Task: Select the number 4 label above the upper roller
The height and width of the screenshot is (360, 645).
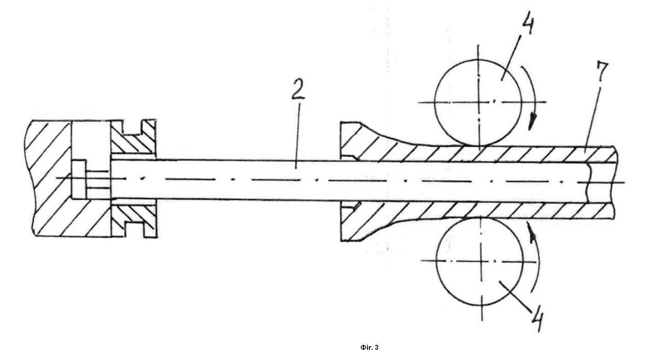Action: pyautogui.click(x=526, y=24)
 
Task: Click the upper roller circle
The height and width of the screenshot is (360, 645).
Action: pyautogui.click(x=435, y=103)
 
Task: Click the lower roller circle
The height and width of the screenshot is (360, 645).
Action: pyautogui.click(x=437, y=261)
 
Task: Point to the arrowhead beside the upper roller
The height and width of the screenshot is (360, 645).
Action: pyautogui.click(x=533, y=122)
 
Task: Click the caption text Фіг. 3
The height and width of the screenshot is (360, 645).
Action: pyautogui.click(x=369, y=348)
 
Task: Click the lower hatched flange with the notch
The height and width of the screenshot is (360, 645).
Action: pyautogui.click(x=134, y=219)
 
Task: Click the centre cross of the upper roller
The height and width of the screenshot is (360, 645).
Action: pyautogui.click(x=479, y=102)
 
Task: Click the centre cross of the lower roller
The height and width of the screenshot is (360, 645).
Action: pyautogui.click(x=481, y=261)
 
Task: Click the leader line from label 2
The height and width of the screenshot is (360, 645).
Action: pyautogui.click(x=298, y=136)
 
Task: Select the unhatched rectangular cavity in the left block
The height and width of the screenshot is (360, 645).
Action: pyautogui.click(x=91, y=159)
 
